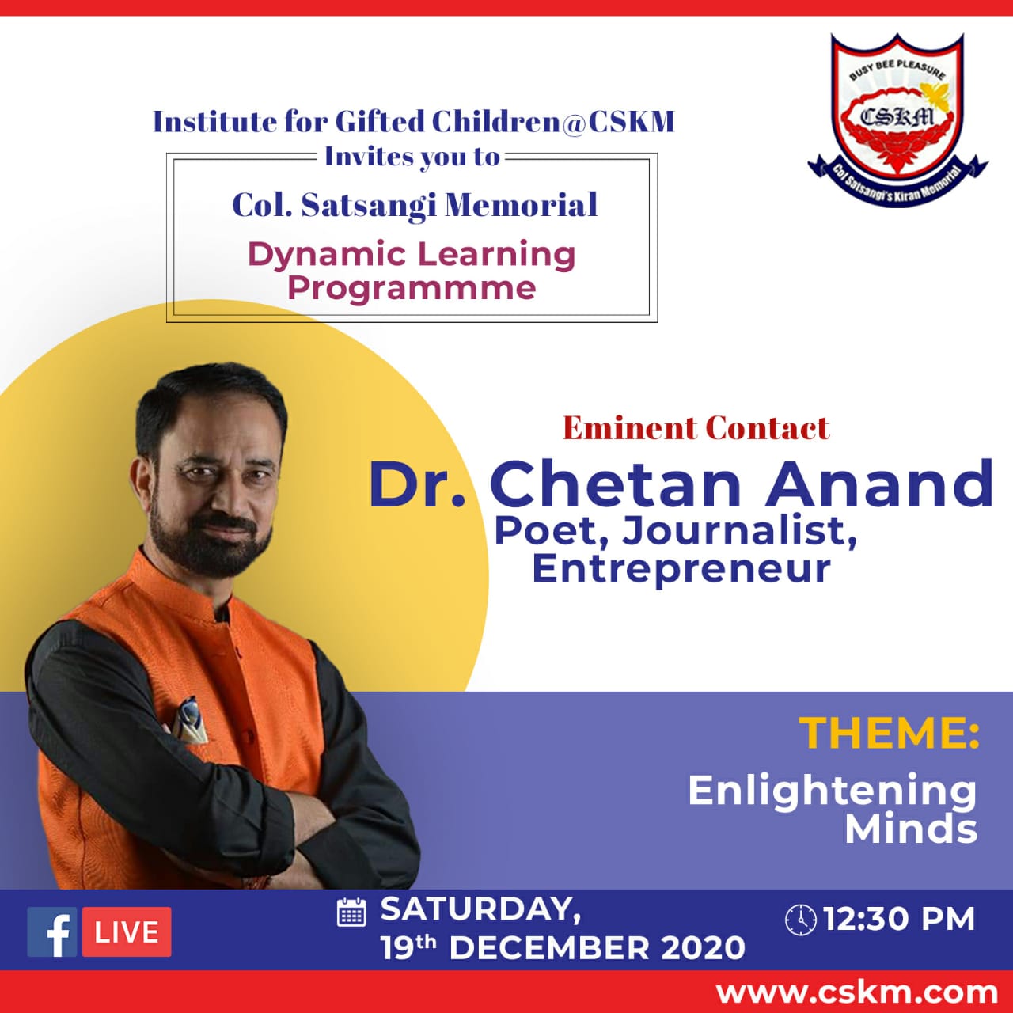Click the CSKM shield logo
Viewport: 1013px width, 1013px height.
point(898,120)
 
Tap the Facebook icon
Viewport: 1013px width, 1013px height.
point(52,932)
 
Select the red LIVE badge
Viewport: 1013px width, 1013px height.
point(127,932)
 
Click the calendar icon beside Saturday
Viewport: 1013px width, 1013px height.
point(351,912)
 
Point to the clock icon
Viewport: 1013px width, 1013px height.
point(801,920)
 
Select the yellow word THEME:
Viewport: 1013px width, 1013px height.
point(889,733)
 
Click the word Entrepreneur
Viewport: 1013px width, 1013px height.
point(681,570)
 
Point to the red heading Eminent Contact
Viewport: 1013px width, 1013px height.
point(696,428)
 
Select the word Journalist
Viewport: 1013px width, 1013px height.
point(738,532)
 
